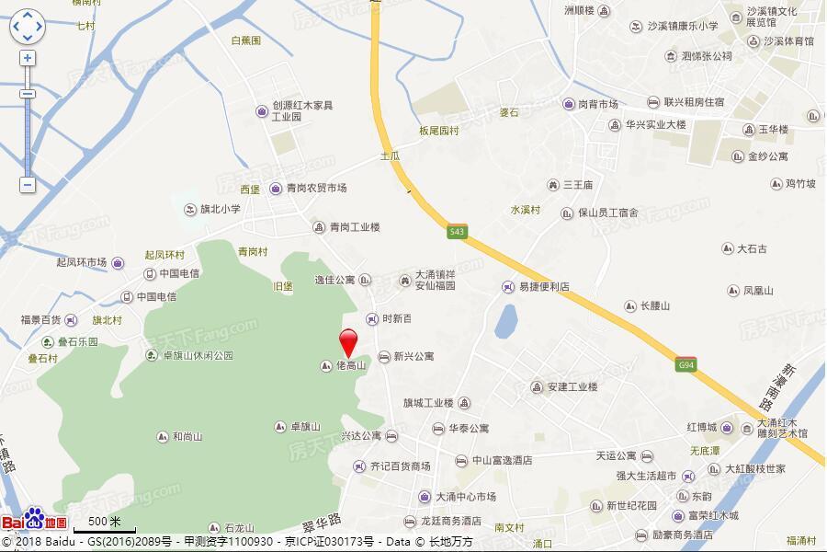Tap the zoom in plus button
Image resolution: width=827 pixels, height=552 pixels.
click(28, 58)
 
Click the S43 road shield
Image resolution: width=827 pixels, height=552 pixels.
click(457, 232)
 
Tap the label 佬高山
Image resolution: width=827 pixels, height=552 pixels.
click(350, 366)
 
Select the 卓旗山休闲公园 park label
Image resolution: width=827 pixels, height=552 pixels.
click(198, 355)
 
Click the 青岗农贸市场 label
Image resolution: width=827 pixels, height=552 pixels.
click(315, 188)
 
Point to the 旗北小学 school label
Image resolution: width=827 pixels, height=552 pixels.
click(220, 209)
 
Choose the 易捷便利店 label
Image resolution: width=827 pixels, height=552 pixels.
click(543, 287)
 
